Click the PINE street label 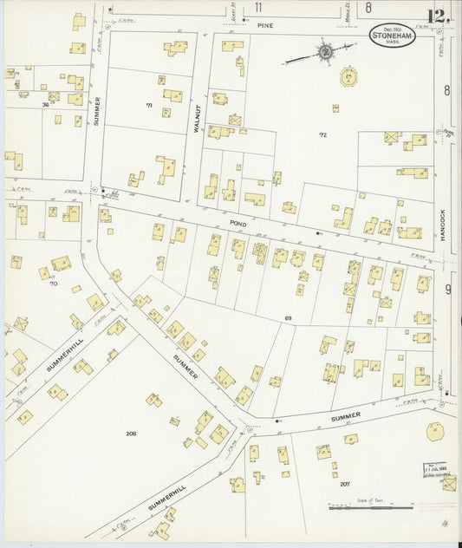264,27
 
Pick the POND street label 238,224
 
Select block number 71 148,105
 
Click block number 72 322,134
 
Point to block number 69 288,319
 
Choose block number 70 53,284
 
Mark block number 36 44,104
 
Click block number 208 131,433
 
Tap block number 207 344,483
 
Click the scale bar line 369,506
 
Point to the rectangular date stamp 436,470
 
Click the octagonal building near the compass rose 348,76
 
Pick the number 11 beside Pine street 258,8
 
